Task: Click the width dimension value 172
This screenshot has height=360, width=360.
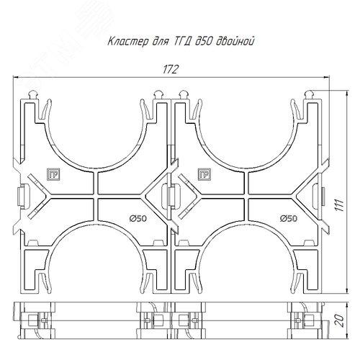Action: [171, 69]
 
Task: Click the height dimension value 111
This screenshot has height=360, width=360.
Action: [339, 205]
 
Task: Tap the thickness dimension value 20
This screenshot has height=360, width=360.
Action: [339, 320]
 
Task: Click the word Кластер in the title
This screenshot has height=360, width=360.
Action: [128, 41]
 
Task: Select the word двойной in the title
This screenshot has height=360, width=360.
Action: [235, 41]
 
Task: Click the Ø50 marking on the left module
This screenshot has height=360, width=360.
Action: [138, 218]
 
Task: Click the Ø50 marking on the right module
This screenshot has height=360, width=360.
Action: [289, 218]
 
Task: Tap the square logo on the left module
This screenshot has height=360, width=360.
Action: [53, 174]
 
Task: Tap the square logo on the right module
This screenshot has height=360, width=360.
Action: [204, 174]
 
